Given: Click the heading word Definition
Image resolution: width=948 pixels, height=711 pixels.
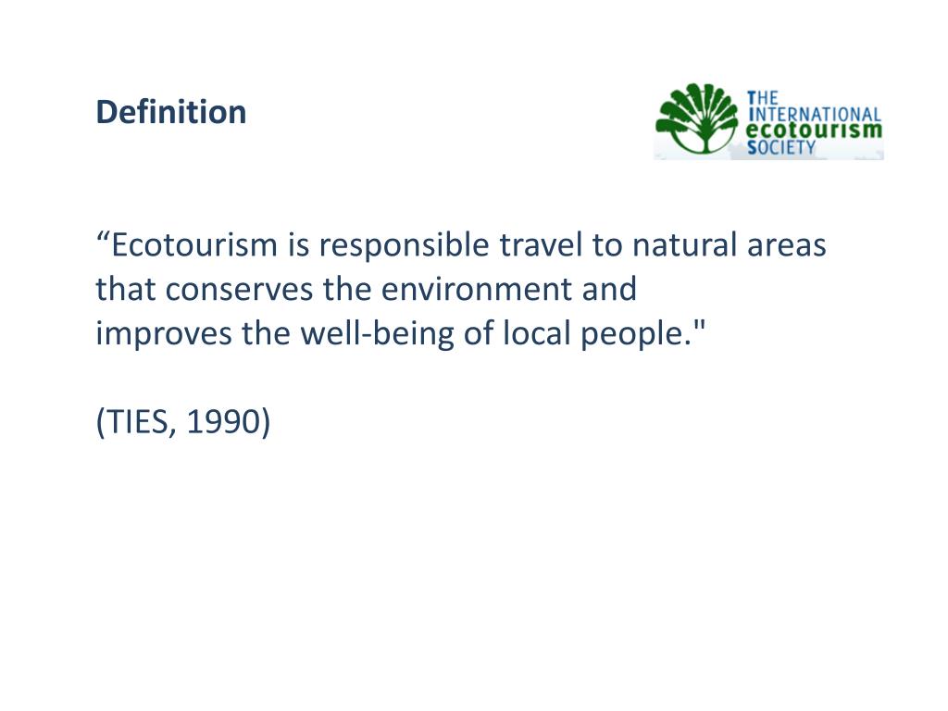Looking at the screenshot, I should point(171,112).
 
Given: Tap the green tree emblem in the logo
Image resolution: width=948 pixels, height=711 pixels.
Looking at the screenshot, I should point(697,119).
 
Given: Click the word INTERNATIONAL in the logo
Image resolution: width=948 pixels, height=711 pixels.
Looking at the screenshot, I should point(814,113).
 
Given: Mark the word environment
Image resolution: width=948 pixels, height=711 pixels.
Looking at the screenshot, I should point(460,290).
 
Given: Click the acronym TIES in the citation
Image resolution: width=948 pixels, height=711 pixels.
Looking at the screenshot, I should point(137,421).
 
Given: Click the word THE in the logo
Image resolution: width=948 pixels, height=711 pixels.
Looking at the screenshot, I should point(766,97).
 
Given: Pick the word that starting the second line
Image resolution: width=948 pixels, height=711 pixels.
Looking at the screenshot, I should point(127,290).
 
